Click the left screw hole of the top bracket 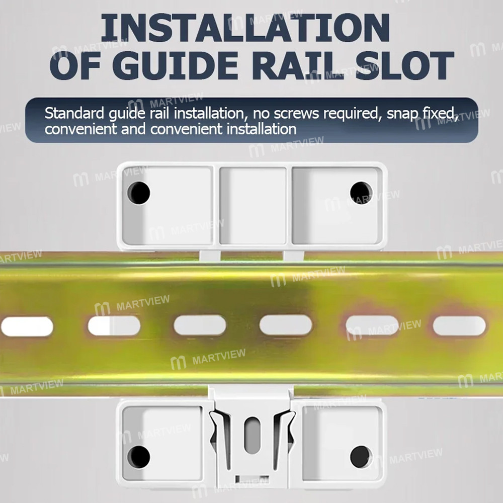click(x=138, y=193)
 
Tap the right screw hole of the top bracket click(x=361, y=193)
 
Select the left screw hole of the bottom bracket click(x=138, y=456)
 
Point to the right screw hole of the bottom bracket click(x=361, y=456)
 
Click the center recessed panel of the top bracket click(x=253, y=199)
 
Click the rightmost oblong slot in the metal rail click(x=459, y=326)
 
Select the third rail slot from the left click(x=200, y=325)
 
